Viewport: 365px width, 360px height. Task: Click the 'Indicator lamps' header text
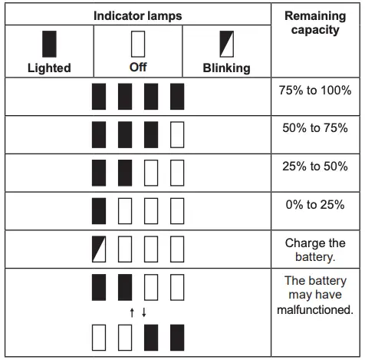tap(139, 15)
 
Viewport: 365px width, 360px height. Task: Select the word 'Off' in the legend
tap(139, 67)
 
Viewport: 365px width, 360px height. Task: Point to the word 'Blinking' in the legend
tap(226, 68)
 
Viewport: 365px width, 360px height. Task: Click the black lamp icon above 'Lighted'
tap(48, 43)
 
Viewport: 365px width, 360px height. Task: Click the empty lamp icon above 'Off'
tap(139, 43)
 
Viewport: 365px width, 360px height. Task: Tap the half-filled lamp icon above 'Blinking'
tap(227, 43)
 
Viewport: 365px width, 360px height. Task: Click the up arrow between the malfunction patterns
tap(132, 312)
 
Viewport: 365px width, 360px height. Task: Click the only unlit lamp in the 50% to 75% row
tap(177, 135)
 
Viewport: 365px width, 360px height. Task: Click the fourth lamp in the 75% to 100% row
tap(177, 97)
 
